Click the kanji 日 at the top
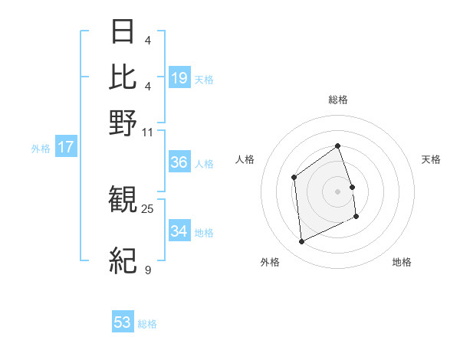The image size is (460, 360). [x=123, y=32]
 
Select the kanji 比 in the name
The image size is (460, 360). [x=123, y=77]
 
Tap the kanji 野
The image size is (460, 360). [x=123, y=123]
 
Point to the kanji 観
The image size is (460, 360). [x=123, y=201]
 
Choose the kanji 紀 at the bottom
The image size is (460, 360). [x=123, y=260]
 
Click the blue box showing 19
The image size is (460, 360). [x=179, y=78]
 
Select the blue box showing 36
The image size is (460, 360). [x=179, y=162]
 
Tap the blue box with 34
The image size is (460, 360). [x=179, y=231]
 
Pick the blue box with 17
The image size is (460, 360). [x=65, y=147]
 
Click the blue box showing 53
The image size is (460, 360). [x=123, y=322]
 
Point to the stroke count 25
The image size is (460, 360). [x=147, y=208]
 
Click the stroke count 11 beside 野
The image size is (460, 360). [x=147, y=132]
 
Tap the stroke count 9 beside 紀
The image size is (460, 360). [x=147, y=270]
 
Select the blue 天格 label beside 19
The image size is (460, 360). [x=204, y=79]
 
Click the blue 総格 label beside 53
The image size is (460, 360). [x=147, y=324]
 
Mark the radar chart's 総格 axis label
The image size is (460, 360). [x=338, y=100]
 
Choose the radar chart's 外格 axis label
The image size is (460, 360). [x=270, y=263]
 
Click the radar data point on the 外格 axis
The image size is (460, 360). [x=301, y=242]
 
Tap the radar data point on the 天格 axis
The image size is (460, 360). [x=352, y=187]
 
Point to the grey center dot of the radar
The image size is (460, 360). [x=338, y=191]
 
